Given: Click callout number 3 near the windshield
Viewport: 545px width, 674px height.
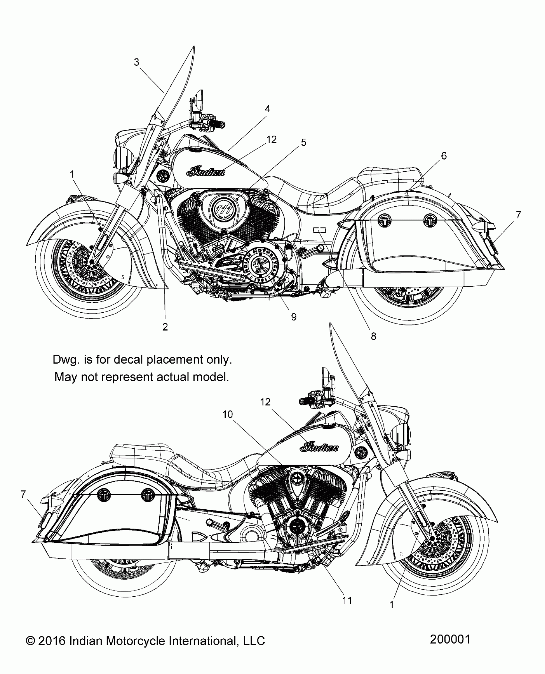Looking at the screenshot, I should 137,62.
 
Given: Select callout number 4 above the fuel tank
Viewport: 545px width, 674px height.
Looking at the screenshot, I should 267,109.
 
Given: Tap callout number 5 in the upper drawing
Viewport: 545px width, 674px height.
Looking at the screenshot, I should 303,142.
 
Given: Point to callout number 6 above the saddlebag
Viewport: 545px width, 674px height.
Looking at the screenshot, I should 444,156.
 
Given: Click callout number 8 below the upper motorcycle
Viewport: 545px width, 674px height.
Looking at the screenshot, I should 373,336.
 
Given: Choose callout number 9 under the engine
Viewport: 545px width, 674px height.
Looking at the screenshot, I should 294,317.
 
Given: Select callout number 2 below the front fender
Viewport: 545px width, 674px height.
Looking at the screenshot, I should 165,327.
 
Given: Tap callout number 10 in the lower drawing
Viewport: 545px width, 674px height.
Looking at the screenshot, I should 227,414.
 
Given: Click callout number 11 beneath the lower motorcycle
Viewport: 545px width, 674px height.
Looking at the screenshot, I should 347,600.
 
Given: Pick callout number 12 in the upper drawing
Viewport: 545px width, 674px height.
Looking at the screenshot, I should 271,139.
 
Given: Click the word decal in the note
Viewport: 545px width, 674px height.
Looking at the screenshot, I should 127,359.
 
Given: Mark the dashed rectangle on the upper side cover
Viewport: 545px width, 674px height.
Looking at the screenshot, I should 319,230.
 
